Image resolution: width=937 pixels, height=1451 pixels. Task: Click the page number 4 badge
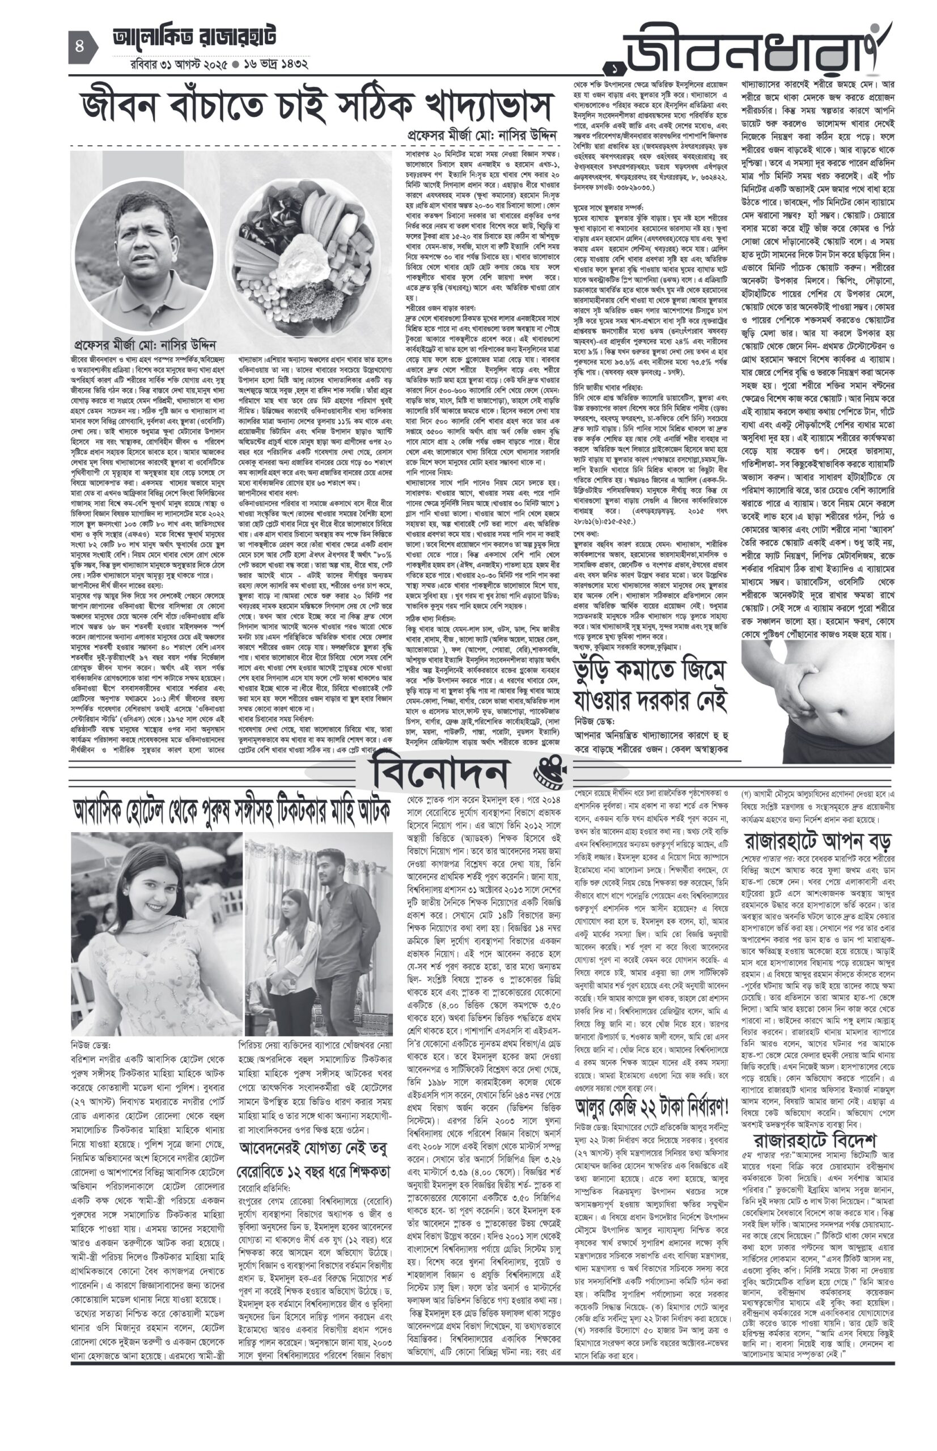80,47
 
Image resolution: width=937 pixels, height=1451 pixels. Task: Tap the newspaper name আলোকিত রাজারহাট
194,38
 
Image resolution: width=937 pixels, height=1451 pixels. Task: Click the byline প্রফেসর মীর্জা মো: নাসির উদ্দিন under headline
482,135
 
